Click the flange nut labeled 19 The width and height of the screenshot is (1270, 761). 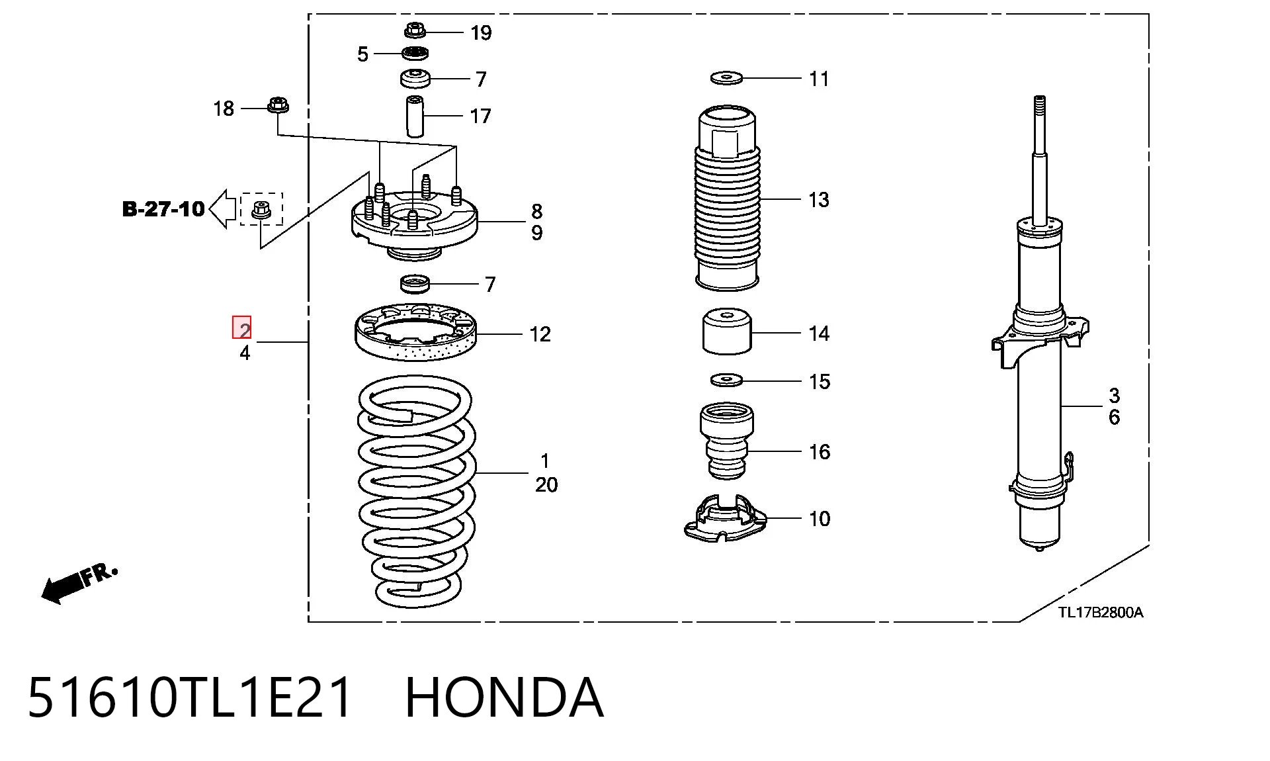click(415, 30)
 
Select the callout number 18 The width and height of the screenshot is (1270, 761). click(224, 109)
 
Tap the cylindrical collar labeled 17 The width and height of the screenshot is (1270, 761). click(415, 116)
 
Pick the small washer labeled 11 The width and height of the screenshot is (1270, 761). click(726, 78)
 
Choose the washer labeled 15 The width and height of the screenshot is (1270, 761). click(726, 380)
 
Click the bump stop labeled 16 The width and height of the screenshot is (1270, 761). click(727, 441)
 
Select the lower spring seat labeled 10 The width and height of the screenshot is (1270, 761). click(726, 519)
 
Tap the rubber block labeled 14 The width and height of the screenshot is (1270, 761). click(727, 331)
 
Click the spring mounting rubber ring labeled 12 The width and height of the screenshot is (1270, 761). click(416, 332)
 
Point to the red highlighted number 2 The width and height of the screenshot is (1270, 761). click(242, 328)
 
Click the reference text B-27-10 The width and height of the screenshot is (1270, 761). click(163, 209)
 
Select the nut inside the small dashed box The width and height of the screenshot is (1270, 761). click(261, 209)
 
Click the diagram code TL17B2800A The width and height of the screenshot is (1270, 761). click(1101, 612)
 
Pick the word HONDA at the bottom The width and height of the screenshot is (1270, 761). click(504, 697)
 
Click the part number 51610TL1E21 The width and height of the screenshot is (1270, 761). click(190, 697)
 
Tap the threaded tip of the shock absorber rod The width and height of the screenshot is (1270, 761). click(1040, 107)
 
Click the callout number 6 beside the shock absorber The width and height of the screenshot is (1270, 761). click(1115, 418)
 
